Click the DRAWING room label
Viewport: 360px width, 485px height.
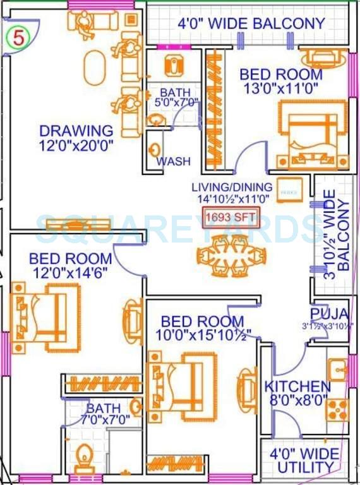pos(76,131)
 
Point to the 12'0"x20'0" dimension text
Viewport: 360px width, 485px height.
pos(76,145)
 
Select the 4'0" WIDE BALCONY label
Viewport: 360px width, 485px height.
pos(251,24)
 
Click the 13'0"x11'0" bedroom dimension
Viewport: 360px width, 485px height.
pos(280,88)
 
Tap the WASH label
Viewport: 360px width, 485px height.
pos(173,162)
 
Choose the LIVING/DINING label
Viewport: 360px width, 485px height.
pos(232,187)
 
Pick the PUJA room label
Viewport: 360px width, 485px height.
pos(329,314)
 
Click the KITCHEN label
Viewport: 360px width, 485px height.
pos(297,386)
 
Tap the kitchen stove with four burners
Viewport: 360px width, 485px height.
pos(337,409)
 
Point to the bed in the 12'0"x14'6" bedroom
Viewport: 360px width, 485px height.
pos(44,314)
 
